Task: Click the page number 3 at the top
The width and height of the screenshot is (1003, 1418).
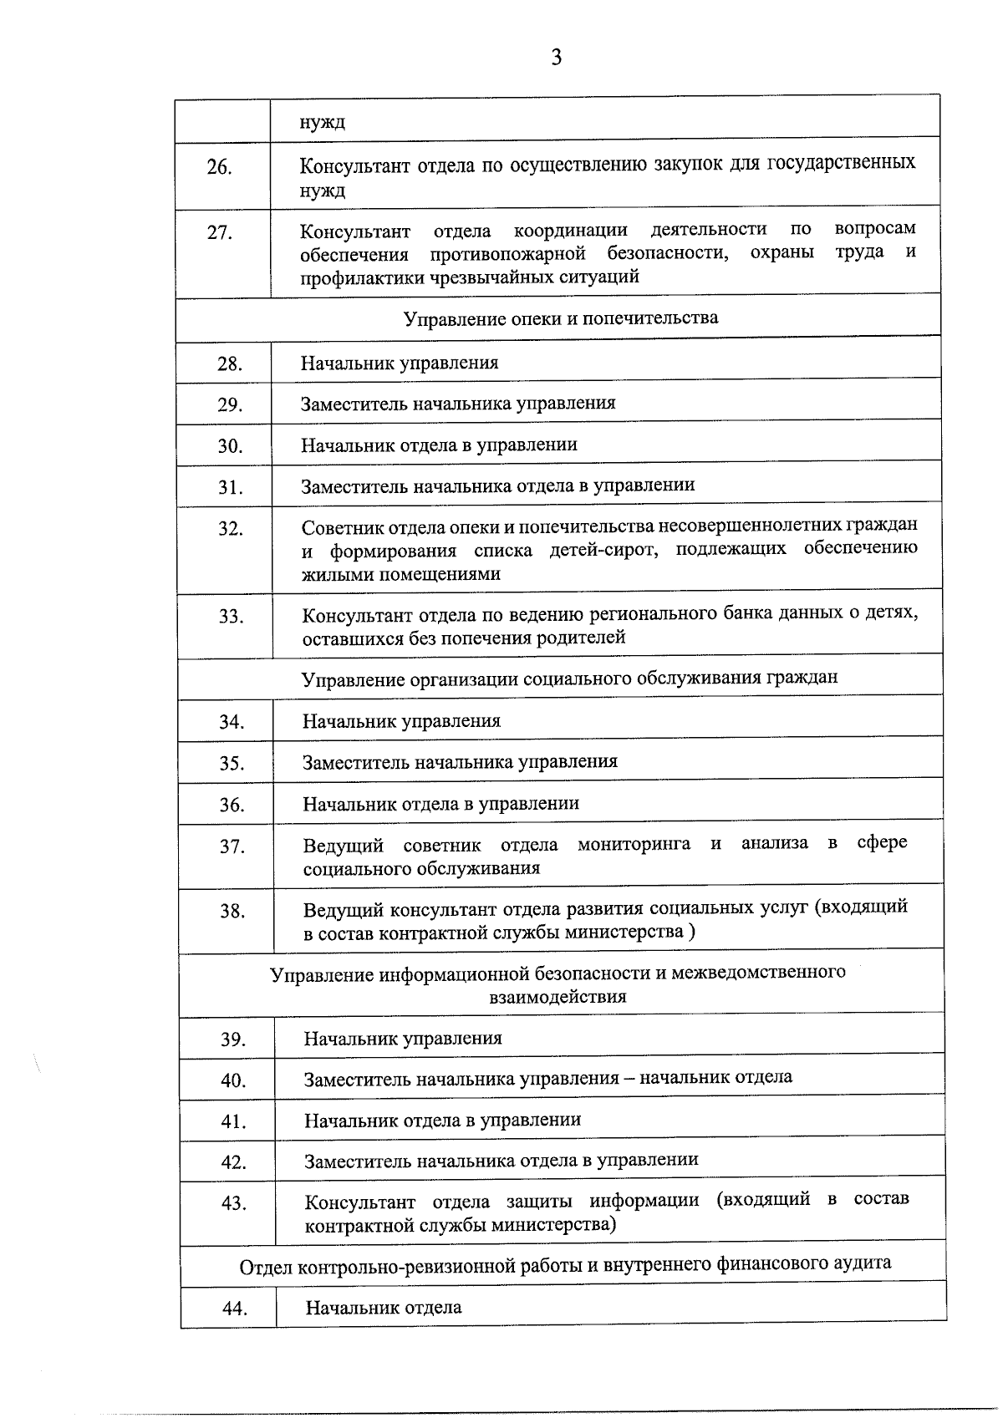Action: pyautogui.click(x=556, y=57)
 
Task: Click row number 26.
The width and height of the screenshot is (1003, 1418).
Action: pyautogui.click(x=219, y=167)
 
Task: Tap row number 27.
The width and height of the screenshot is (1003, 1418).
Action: pyautogui.click(x=219, y=232)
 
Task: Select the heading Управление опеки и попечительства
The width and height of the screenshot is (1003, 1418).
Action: pyautogui.click(x=560, y=318)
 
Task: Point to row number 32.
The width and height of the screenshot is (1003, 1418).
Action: pyautogui.click(x=230, y=529)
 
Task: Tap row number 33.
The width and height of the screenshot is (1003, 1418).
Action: pyautogui.click(x=230, y=617)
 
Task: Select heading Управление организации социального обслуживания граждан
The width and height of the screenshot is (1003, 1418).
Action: pyautogui.click(x=569, y=678)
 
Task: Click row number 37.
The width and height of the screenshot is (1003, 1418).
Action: pyautogui.click(x=232, y=846)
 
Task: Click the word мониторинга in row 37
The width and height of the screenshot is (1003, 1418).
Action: pyautogui.click(x=634, y=844)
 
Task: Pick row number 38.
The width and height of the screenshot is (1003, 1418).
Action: pyautogui.click(x=232, y=911)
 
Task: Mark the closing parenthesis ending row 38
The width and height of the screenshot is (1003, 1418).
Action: pyautogui.click(x=691, y=932)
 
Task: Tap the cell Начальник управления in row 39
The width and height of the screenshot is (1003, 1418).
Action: pyautogui.click(x=403, y=1039)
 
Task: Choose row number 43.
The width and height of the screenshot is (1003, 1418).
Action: pyautogui.click(x=233, y=1203)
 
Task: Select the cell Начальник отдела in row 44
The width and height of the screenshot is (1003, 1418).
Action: pyautogui.click(x=384, y=1308)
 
